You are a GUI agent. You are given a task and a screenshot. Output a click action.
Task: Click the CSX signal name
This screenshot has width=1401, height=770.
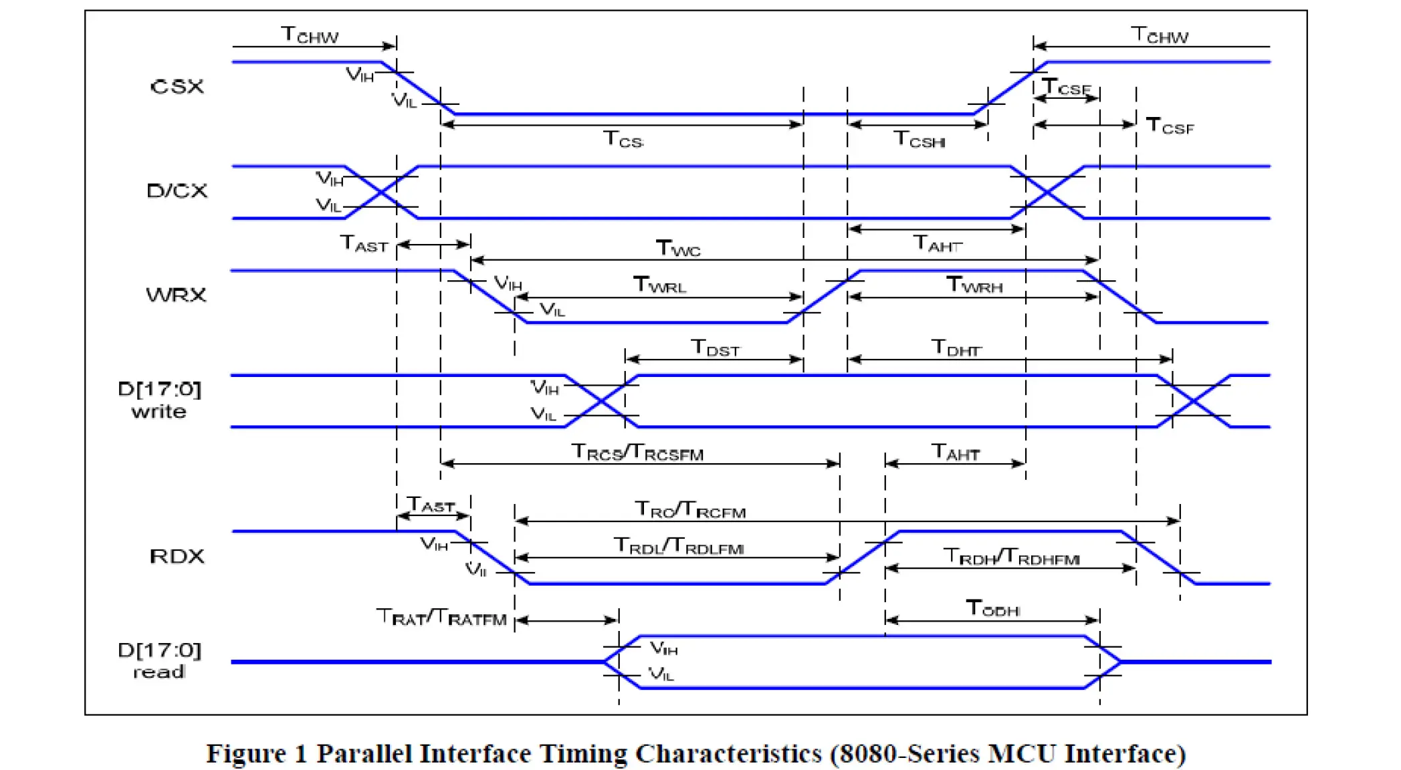pyautogui.click(x=177, y=87)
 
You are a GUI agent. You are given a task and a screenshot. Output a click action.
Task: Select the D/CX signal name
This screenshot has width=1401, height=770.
pyautogui.click(x=177, y=191)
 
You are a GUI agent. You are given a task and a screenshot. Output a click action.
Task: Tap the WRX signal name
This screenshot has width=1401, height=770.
pyautogui.click(x=176, y=295)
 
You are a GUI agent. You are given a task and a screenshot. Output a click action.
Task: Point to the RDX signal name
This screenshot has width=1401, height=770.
pyautogui.click(x=177, y=556)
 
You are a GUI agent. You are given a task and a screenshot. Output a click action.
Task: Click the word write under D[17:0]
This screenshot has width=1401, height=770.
pyautogui.click(x=159, y=412)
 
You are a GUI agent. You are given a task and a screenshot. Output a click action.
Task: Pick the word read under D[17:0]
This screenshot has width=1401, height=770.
pyautogui.click(x=159, y=672)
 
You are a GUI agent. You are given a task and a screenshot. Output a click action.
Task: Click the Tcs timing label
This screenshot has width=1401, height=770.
pyautogui.click(x=623, y=140)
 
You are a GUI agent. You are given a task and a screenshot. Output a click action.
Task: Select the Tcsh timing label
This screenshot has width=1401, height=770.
pyautogui.click(x=920, y=140)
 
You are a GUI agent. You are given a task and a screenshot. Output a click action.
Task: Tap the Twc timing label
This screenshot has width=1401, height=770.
pyautogui.click(x=678, y=249)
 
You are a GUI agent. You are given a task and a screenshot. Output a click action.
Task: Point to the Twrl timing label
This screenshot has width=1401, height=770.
pyautogui.click(x=660, y=285)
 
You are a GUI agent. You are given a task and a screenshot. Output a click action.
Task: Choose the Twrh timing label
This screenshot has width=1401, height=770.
pyautogui.click(x=974, y=285)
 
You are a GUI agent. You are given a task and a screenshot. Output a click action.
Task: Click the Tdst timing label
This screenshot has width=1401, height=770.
pyautogui.click(x=716, y=348)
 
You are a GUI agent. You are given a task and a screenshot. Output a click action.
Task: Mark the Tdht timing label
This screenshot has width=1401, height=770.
pyautogui.click(x=956, y=348)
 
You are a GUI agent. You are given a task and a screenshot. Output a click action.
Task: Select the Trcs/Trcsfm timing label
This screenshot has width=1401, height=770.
pyautogui.click(x=637, y=453)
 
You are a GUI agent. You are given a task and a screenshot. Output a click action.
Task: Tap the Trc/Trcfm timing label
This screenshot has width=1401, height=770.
pyautogui.click(x=690, y=511)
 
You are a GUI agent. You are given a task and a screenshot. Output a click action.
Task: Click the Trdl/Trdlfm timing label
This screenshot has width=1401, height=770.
pyautogui.click(x=679, y=547)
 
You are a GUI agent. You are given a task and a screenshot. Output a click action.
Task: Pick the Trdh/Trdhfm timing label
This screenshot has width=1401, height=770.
pyautogui.click(x=1011, y=557)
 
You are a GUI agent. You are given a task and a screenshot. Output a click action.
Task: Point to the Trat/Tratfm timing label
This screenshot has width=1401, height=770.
pyautogui.click(x=442, y=618)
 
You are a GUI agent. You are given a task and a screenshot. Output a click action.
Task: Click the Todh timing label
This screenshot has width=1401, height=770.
pyautogui.click(x=993, y=608)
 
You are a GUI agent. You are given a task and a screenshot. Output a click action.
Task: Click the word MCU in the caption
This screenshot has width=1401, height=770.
pyautogui.click(x=1022, y=754)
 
